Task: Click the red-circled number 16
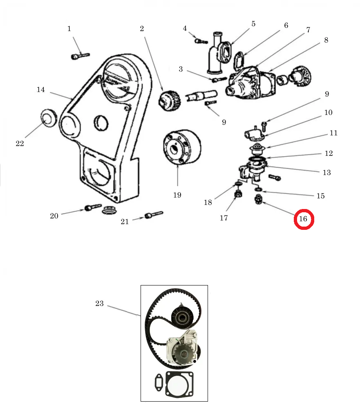pos(303,219)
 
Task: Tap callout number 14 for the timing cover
pos(41,90)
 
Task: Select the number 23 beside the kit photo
pos(99,303)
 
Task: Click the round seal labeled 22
pos(49,118)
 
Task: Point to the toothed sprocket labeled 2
pos(170,101)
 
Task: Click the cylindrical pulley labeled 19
pos(182,147)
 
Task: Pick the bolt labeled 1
pos(80,56)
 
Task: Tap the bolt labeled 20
pos(93,207)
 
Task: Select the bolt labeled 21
pos(154,215)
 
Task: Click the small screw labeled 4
pos(201,41)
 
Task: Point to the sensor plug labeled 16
pos(259,200)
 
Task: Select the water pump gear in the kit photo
pos(184,354)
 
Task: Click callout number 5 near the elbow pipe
pos(253,24)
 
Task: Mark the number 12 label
pos(329,153)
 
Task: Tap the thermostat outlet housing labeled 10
pos(255,134)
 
